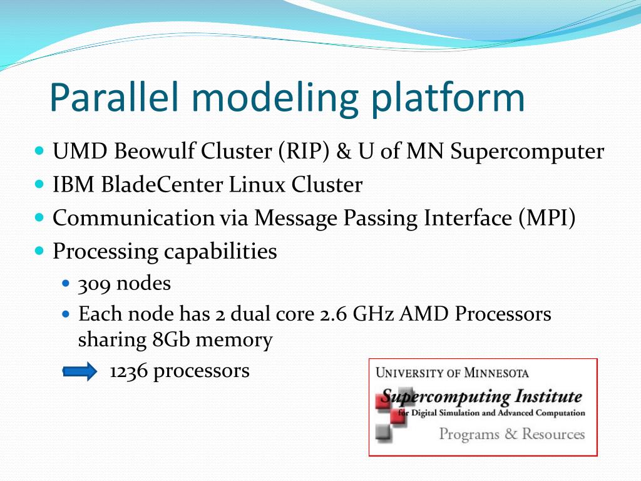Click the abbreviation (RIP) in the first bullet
304,152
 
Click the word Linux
256,184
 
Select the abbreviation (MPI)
546,217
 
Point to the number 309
94,284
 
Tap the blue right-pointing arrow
79,371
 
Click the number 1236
128,371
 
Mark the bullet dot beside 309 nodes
66,283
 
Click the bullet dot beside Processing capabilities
39,251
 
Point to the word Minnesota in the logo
496,373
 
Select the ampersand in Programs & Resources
511,433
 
